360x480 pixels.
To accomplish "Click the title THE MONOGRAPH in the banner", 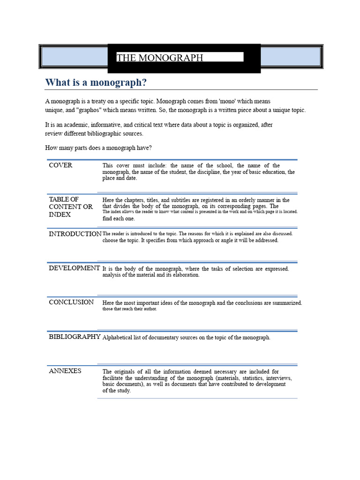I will tap(160, 58).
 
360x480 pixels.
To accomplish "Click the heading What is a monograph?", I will tap(96, 82).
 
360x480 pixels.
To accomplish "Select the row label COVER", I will tap(60, 165).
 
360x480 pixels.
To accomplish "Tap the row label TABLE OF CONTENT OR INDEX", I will tap(71, 207).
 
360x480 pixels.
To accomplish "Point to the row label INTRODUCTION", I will tap(75, 234).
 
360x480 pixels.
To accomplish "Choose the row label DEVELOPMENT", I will tap(74, 268).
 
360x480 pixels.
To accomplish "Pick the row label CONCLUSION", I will tap(71, 302).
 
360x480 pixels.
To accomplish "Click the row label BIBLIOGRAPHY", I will tap(75, 337).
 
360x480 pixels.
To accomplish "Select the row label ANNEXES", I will tap(65, 371).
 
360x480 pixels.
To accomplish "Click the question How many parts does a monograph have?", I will tap(98, 148).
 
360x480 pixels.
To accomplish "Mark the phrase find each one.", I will tap(119, 218).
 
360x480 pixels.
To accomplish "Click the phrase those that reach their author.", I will tap(130, 309).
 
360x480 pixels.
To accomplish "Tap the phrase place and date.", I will tap(120, 178).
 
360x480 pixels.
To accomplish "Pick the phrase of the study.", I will tap(117, 390).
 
